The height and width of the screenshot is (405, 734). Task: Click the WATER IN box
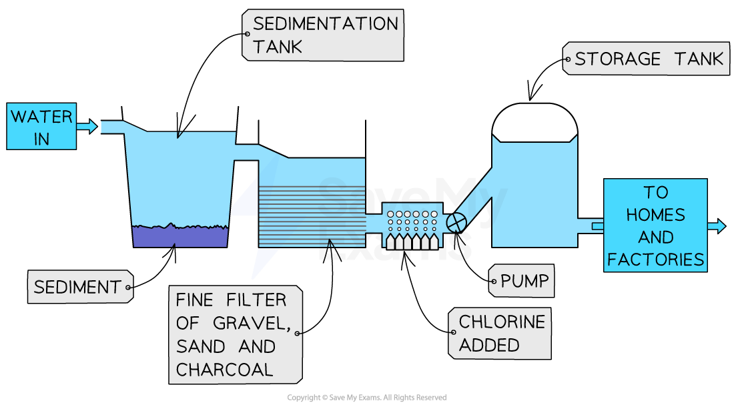[x=41, y=126]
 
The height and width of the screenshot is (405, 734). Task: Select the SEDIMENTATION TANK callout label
[x=324, y=34]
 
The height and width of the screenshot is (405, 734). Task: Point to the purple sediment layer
[x=180, y=236]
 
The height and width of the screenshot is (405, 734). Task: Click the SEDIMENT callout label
[x=77, y=288]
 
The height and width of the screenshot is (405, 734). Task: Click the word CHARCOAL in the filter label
[x=224, y=369]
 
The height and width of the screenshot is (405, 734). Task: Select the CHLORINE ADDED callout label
[x=501, y=334]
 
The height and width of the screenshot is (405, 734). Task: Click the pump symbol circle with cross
[x=457, y=220]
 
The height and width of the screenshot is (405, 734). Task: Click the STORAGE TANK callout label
[x=648, y=59]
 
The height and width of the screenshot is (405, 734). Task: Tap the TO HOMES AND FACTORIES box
[x=655, y=225]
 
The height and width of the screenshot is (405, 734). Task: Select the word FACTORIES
[x=655, y=260]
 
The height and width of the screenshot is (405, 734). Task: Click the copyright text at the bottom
[x=366, y=398]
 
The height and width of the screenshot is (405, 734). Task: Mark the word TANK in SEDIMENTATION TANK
[x=278, y=46]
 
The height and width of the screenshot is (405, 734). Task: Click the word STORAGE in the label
[x=617, y=59]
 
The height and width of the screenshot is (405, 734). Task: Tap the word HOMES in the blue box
[x=655, y=214]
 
